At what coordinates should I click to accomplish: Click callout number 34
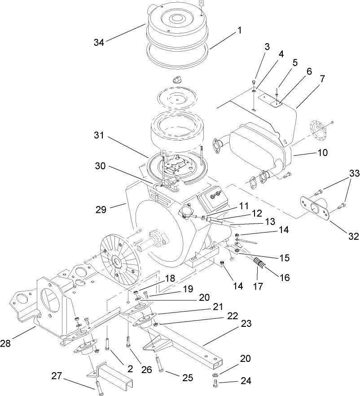pyautogui.click(x=99, y=43)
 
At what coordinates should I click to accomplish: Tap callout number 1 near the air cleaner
pyautogui.click(x=239, y=31)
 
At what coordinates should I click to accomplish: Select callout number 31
pyautogui.click(x=101, y=135)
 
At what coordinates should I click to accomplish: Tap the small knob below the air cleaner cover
pyautogui.click(x=176, y=79)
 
